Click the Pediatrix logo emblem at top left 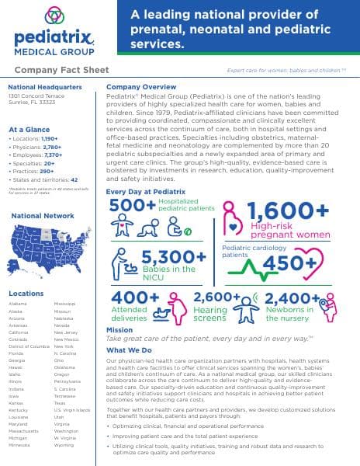(x=51, y=15)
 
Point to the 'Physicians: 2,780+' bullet (x=36, y=146)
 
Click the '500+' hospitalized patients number (x=133, y=205)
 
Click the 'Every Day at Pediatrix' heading (x=146, y=190)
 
